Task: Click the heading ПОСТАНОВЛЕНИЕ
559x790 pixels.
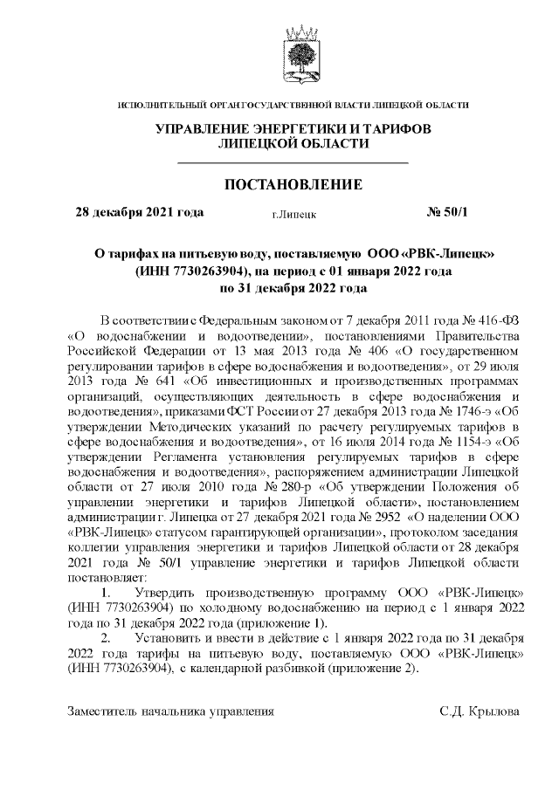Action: pos(293,185)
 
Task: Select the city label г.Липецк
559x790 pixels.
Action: pos(293,213)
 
